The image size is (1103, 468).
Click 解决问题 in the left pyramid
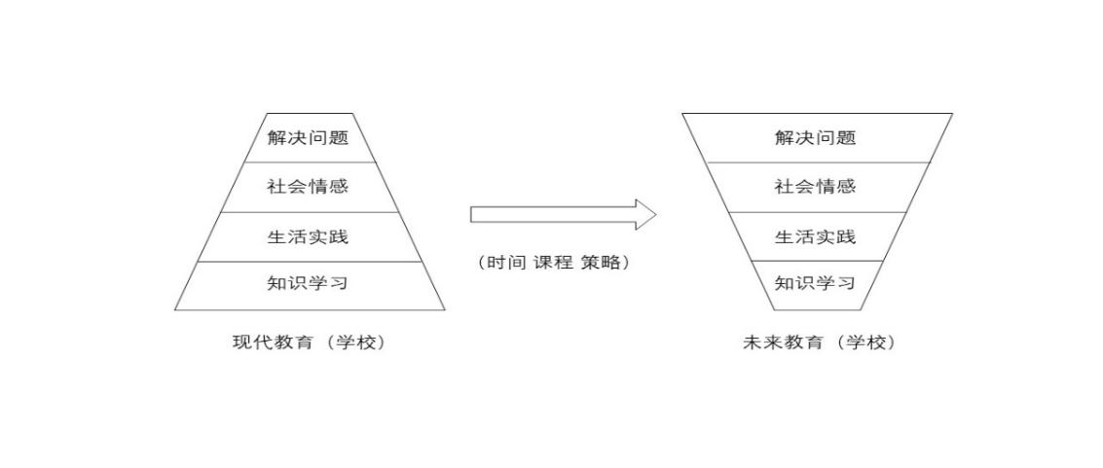(308, 137)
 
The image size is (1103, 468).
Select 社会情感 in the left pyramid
(308, 187)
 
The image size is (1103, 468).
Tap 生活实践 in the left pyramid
(308, 236)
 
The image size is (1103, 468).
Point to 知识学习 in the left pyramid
(308, 284)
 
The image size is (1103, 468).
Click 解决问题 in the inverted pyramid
(815, 137)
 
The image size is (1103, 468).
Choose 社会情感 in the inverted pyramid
(815, 187)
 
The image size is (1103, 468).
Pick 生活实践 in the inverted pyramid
(815, 236)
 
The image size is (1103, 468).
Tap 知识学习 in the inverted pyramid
(815, 284)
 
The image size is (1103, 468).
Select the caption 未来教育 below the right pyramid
(781, 342)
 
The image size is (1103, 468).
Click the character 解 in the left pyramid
(276, 137)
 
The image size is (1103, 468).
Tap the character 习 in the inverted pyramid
(846, 284)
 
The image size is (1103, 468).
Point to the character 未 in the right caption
(751, 342)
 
